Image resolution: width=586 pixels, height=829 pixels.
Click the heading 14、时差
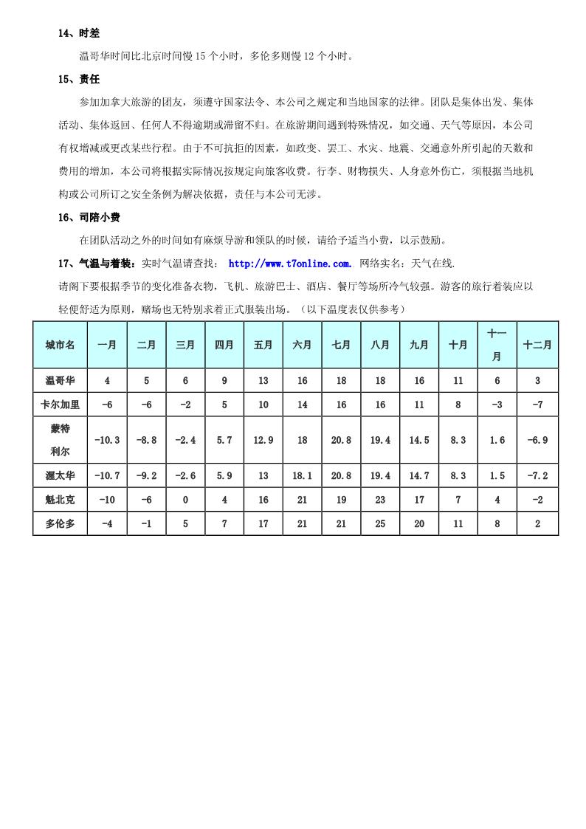click(78, 33)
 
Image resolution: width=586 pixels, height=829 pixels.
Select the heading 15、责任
click(78, 79)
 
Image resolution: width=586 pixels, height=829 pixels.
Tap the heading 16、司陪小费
click(89, 217)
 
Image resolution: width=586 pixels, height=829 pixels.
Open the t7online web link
click(290, 264)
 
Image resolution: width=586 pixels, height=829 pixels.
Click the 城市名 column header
click(60, 345)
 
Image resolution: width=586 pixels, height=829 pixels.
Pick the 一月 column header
click(107, 345)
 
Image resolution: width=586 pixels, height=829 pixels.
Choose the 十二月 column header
click(537, 345)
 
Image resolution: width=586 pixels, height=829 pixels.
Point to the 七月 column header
click(341, 345)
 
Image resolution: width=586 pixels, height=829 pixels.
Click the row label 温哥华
click(60, 381)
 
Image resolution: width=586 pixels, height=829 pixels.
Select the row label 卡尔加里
click(60, 405)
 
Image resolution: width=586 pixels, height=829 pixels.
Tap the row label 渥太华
click(60, 476)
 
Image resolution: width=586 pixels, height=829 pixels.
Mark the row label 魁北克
click(60, 500)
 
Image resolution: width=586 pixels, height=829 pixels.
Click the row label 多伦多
click(60, 523)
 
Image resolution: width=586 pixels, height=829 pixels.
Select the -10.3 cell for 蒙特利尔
click(107, 440)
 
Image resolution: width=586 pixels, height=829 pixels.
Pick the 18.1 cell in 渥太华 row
click(302, 476)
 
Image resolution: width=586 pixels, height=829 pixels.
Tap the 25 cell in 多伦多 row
click(380, 523)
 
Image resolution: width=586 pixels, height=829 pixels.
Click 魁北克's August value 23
click(380, 500)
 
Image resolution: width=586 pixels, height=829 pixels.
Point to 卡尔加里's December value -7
click(537, 405)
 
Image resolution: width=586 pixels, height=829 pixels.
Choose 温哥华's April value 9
click(224, 381)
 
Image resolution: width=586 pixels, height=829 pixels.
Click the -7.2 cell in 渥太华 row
click(537, 476)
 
